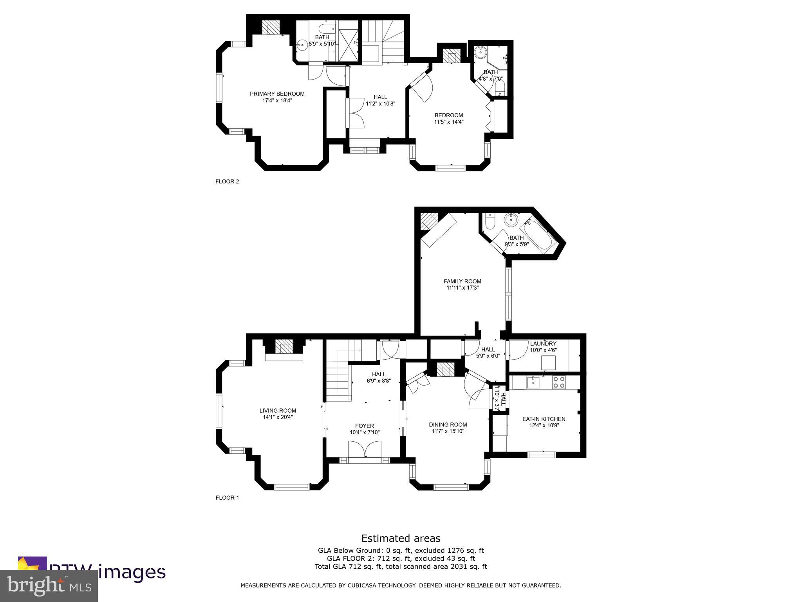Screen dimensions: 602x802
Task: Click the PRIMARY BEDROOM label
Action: point(277,94)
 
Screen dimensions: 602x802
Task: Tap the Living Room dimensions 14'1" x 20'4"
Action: point(278,417)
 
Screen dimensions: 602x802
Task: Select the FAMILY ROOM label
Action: point(462,281)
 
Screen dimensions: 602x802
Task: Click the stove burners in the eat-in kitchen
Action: point(558,382)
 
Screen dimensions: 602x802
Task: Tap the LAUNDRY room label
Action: point(543,344)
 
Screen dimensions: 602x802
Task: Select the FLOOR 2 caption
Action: point(227,181)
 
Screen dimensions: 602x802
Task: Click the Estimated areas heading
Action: point(401,538)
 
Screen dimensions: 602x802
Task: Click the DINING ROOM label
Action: point(448,424)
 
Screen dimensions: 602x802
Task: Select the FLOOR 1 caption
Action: point(227,498)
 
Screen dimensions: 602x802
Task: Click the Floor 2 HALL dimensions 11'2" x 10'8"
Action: point(380,104)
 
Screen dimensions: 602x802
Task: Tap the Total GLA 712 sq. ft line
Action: point(401,566)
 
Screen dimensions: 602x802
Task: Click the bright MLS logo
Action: point(49,586)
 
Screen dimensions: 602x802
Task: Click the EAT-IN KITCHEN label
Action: point(544,419)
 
